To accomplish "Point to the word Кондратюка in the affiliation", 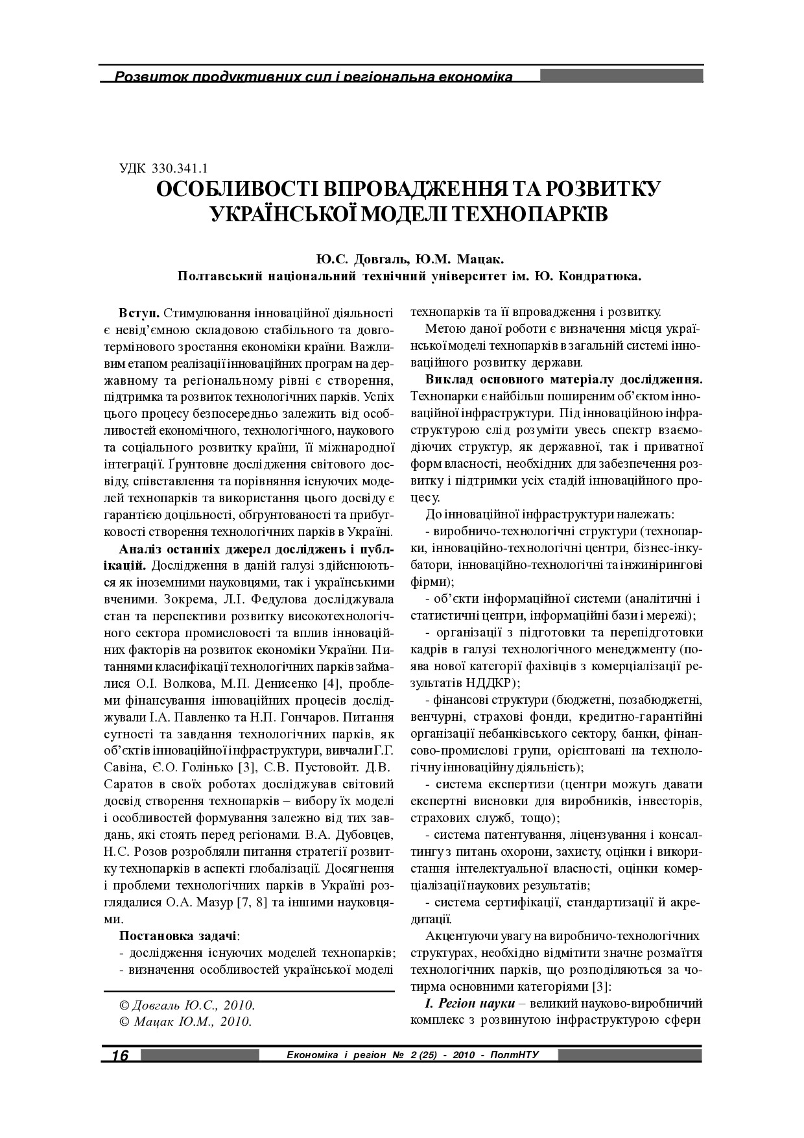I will coord(600,276).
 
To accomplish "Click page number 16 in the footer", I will coord(121,1055).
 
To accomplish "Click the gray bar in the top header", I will coord(621,76).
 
